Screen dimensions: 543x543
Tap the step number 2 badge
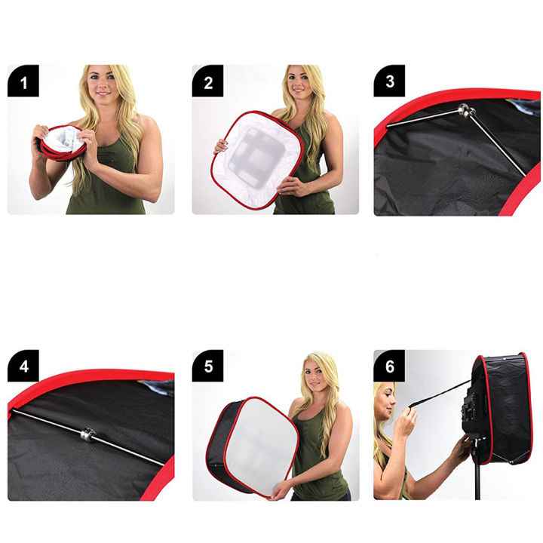tap(207, 81)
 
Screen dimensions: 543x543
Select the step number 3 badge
tap(389, 81)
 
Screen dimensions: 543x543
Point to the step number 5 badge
tap(207, 367)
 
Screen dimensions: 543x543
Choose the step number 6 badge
tap(389, 367)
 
